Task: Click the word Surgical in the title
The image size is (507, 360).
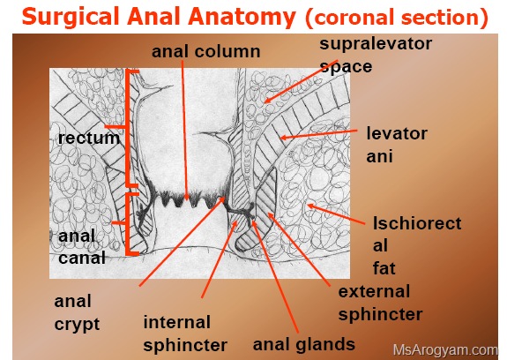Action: click(x=71, y=17)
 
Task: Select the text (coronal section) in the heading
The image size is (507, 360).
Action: click(x=397, y=18)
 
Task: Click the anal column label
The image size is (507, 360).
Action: click(x=206, y=51)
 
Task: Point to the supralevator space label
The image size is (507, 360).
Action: click(x=376, y=55)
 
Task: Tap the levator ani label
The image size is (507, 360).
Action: click(x=397, y=145)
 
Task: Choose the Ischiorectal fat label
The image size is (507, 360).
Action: click(x=417, y=246)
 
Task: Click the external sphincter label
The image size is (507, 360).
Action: click(x=381, y=303)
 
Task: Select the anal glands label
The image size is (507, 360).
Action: click(x=304, y=344)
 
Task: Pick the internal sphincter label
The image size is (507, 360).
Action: click(x=185, y=334)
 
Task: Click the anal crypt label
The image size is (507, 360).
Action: click(x=77, y=312)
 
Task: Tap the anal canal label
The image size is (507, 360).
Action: click(x=82, y=247)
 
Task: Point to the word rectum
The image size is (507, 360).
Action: click(x=89, y=139)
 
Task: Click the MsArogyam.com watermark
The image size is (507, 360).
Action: click(x=445, y=350)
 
